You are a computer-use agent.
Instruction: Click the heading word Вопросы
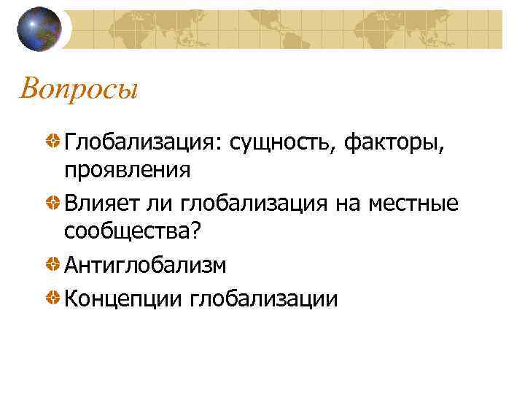(x=79, y=90)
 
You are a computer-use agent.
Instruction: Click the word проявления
(x=128, y=170)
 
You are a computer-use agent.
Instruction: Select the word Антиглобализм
(x=145, y=266)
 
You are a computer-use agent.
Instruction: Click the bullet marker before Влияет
(x=53, y=202)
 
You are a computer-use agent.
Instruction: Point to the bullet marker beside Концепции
(x=53, y=298)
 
